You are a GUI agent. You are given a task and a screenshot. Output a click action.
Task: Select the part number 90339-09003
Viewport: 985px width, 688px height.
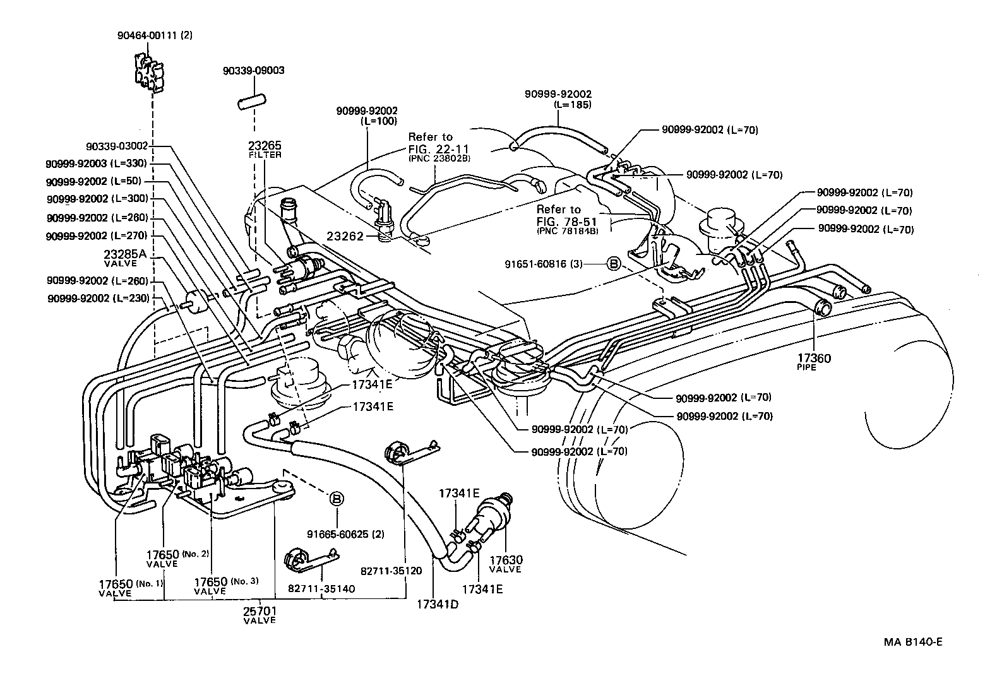click(x=253, y=71)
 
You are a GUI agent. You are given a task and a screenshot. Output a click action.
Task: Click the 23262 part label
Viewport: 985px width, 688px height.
click(x=345, y=236)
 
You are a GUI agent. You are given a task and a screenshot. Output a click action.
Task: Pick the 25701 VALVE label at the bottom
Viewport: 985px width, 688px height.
click(x=260, y=615)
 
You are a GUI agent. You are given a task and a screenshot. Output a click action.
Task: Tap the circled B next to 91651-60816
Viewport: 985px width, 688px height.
click(x=613, y=264)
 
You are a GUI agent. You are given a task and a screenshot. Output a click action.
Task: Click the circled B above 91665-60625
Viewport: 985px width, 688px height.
click(x=337, y=499)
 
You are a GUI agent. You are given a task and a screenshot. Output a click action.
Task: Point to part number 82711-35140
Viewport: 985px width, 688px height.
click(x=321, y=588)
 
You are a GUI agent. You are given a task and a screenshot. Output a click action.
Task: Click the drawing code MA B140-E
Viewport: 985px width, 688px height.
click(x=912, y=642)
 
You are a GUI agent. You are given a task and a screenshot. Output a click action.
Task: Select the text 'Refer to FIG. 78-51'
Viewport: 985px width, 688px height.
click(x=559, y=215)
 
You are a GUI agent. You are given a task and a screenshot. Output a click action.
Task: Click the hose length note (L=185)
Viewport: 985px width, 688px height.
click(x=572, y=105)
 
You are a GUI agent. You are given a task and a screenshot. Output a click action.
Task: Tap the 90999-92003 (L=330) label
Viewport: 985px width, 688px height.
click(x=96, y=163)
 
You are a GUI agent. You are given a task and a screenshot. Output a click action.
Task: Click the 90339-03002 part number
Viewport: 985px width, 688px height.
click(x=117, y=146)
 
